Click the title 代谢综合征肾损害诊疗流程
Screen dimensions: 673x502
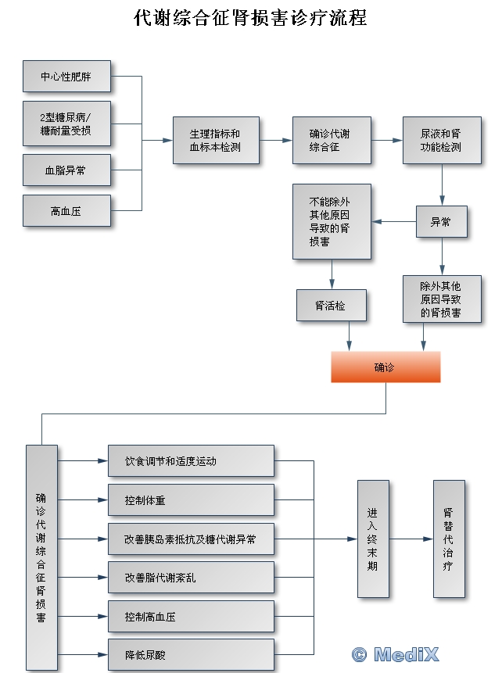pos(250,18)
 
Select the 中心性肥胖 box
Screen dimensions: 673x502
pos(66,76)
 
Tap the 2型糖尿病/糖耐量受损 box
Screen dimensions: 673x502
pos(66,124)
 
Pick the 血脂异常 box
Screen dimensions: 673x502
pos(66,170)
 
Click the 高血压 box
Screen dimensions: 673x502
pos(66,210)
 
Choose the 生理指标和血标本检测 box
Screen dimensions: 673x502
pos(215,141)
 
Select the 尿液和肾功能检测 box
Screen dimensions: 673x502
pos(441,141)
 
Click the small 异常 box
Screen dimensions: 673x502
pos(441,222)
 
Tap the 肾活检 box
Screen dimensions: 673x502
pos(331,306)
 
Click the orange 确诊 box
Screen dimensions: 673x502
pos(385,367)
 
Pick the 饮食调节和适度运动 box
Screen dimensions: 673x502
pos(191,461)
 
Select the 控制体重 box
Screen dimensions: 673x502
pos(191,500)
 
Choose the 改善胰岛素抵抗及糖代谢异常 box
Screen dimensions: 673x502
pos(191,539)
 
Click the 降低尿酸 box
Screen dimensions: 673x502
pos(191,655)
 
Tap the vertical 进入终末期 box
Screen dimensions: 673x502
pos(372,539)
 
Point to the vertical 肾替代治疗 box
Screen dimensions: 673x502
pos(448,539)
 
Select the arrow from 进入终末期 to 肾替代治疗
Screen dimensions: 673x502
pos(411,539)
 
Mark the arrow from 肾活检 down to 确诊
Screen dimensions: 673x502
pos(349,336)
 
